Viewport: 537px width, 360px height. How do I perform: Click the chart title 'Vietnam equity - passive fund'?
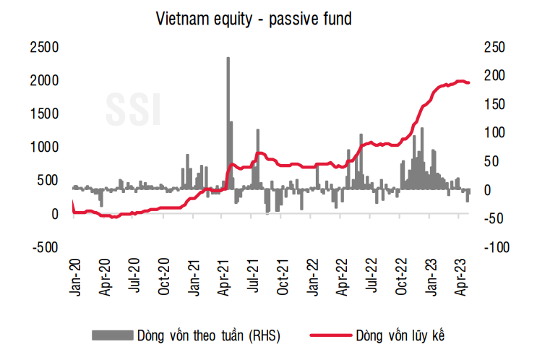pyautogui.click(x=254, y=20)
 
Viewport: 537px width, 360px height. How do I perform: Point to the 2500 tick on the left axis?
pyautogui.click(x=44, y=47)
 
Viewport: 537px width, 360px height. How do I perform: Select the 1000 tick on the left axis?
pyautogui.click(x=44, y=147)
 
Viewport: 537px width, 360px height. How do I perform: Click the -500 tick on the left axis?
pyautogui.click(x=44, y=247)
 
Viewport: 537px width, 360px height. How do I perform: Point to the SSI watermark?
pyautogui.click(x=134, y=108)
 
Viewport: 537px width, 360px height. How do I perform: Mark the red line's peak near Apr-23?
pyautogui.click(x=460, y=81)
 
